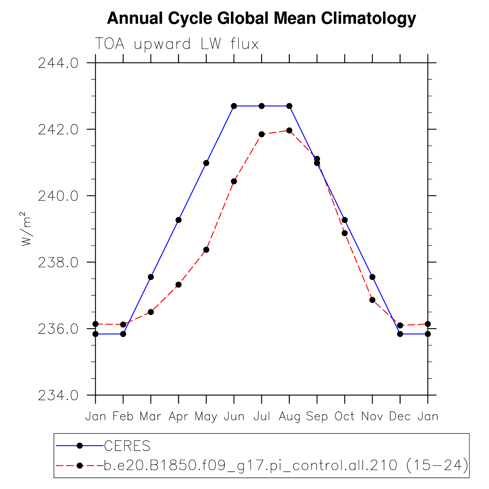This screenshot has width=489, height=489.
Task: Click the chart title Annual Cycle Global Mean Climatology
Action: coord(261,19)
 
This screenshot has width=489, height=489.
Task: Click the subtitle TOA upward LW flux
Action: coord(177,44)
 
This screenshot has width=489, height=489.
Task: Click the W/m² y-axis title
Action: coord(26,229)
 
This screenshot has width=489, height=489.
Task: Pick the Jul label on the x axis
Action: coord(262,416)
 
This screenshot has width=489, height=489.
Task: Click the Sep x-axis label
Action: coord(317,416)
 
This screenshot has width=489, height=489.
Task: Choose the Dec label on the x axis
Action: coord(400,416)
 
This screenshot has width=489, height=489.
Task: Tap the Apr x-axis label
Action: coord(178,416)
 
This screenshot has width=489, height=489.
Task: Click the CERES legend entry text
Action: coord(127,446)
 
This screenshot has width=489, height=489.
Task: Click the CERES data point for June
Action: coord(234,106)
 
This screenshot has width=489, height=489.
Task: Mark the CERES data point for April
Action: coord(178,220)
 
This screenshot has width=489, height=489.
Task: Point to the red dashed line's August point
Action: coord(289,130)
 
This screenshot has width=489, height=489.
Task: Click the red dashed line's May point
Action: coord(206,250)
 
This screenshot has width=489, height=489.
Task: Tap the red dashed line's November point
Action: coord(372,300)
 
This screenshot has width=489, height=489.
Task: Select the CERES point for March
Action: coord(151,277)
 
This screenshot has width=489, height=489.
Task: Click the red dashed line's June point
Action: coord(234,181)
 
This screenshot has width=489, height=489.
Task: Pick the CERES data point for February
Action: coord(123,334)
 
